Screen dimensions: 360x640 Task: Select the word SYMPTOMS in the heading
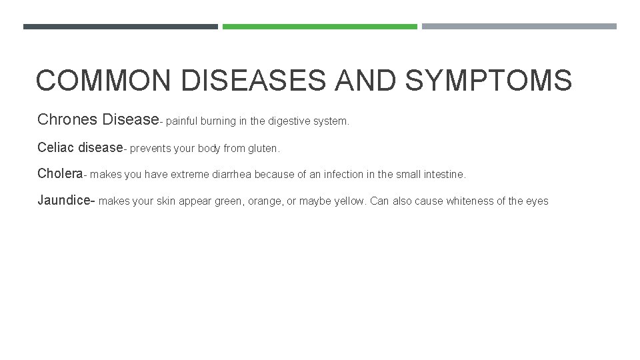coord(488,81)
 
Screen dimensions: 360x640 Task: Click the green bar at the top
coord(319,27)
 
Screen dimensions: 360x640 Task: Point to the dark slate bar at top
coord(120,27)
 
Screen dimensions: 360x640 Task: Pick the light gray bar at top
coord(519,27)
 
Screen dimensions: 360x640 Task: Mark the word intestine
coord(444,175)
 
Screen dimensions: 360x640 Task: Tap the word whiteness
coord(470,201)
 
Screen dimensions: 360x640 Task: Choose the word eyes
coord(537,201)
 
